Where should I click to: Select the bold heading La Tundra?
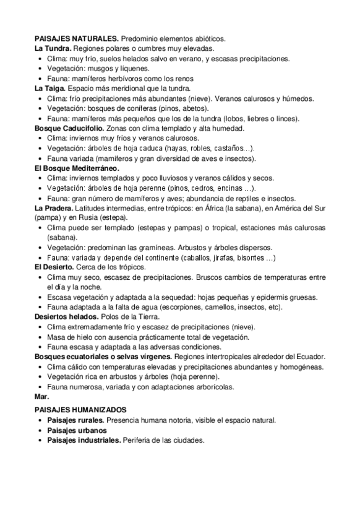tap(53, 49)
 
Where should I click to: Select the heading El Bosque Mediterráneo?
tap(76, 168)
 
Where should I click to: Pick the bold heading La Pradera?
tap(54, 208)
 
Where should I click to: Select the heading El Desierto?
tap(55, 267)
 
